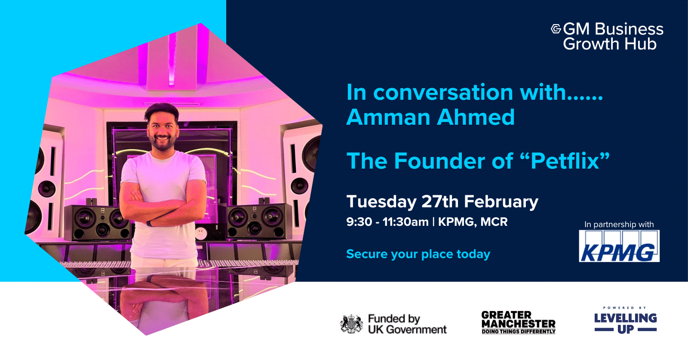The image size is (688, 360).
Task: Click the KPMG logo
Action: [x=619, y=246]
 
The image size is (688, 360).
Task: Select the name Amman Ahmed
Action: [x=430, y=117]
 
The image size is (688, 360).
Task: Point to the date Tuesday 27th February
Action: [x=442, y=201]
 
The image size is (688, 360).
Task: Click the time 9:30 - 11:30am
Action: [x=387, y=222]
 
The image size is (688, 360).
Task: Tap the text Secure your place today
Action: [x=418, y=254]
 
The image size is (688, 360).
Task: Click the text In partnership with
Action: [x=619, y=225]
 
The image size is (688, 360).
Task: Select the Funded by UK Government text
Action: [x=407, y=324]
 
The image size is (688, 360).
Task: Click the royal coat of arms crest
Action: [x=351, y=324]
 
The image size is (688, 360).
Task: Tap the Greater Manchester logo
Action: [x=518, y=322]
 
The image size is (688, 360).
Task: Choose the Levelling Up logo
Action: [x=625, y=321]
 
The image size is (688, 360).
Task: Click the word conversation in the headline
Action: [x=443, y=92]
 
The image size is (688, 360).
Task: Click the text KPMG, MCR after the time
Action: [x=473, y=222]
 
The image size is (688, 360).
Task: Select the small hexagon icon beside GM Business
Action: [x=556, y=29]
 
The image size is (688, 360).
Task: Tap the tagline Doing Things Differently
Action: [x=518, y=332]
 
